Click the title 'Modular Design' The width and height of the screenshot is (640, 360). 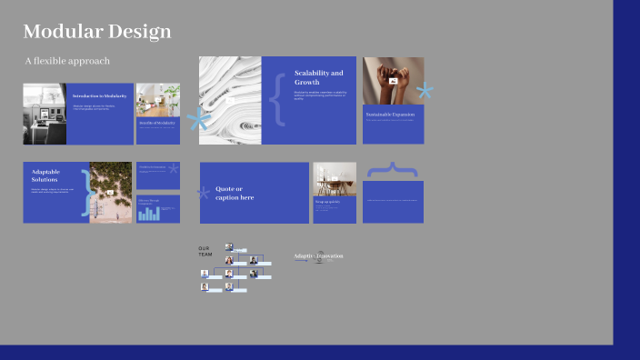click(x=96, y=33)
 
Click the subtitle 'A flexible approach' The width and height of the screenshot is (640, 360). click(x=67, y=61)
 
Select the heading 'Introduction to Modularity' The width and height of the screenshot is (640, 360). click(x=100, y=95)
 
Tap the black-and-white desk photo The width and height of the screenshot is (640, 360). click(x=45, y=114)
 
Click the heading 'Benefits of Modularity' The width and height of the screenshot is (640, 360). click(x=156, y=123)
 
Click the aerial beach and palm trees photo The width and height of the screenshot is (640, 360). click(x=111, y=193)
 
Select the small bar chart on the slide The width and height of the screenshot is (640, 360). click(x=149, y=214)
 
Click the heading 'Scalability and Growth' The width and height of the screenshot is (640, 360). click(x=318, y=77)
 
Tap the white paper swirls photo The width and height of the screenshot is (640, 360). click(x=230, y=100)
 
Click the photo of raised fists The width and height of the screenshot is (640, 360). click(x=393, y=81)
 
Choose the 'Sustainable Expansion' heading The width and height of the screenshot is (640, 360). click(x=392, y=115)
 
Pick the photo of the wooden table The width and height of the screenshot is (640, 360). click(x=335, y=178)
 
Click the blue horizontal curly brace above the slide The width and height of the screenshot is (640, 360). click(x=393, y=169)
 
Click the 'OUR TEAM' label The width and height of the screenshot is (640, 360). click(x=205, y=251)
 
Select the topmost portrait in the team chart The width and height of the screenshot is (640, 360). click(x=229, y=247)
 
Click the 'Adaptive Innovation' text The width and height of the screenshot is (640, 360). click(x=318, y=256)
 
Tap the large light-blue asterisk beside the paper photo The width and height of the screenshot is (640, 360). click(x=199, y=119)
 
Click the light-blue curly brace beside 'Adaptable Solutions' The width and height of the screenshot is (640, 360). click(x=86, y=193)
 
